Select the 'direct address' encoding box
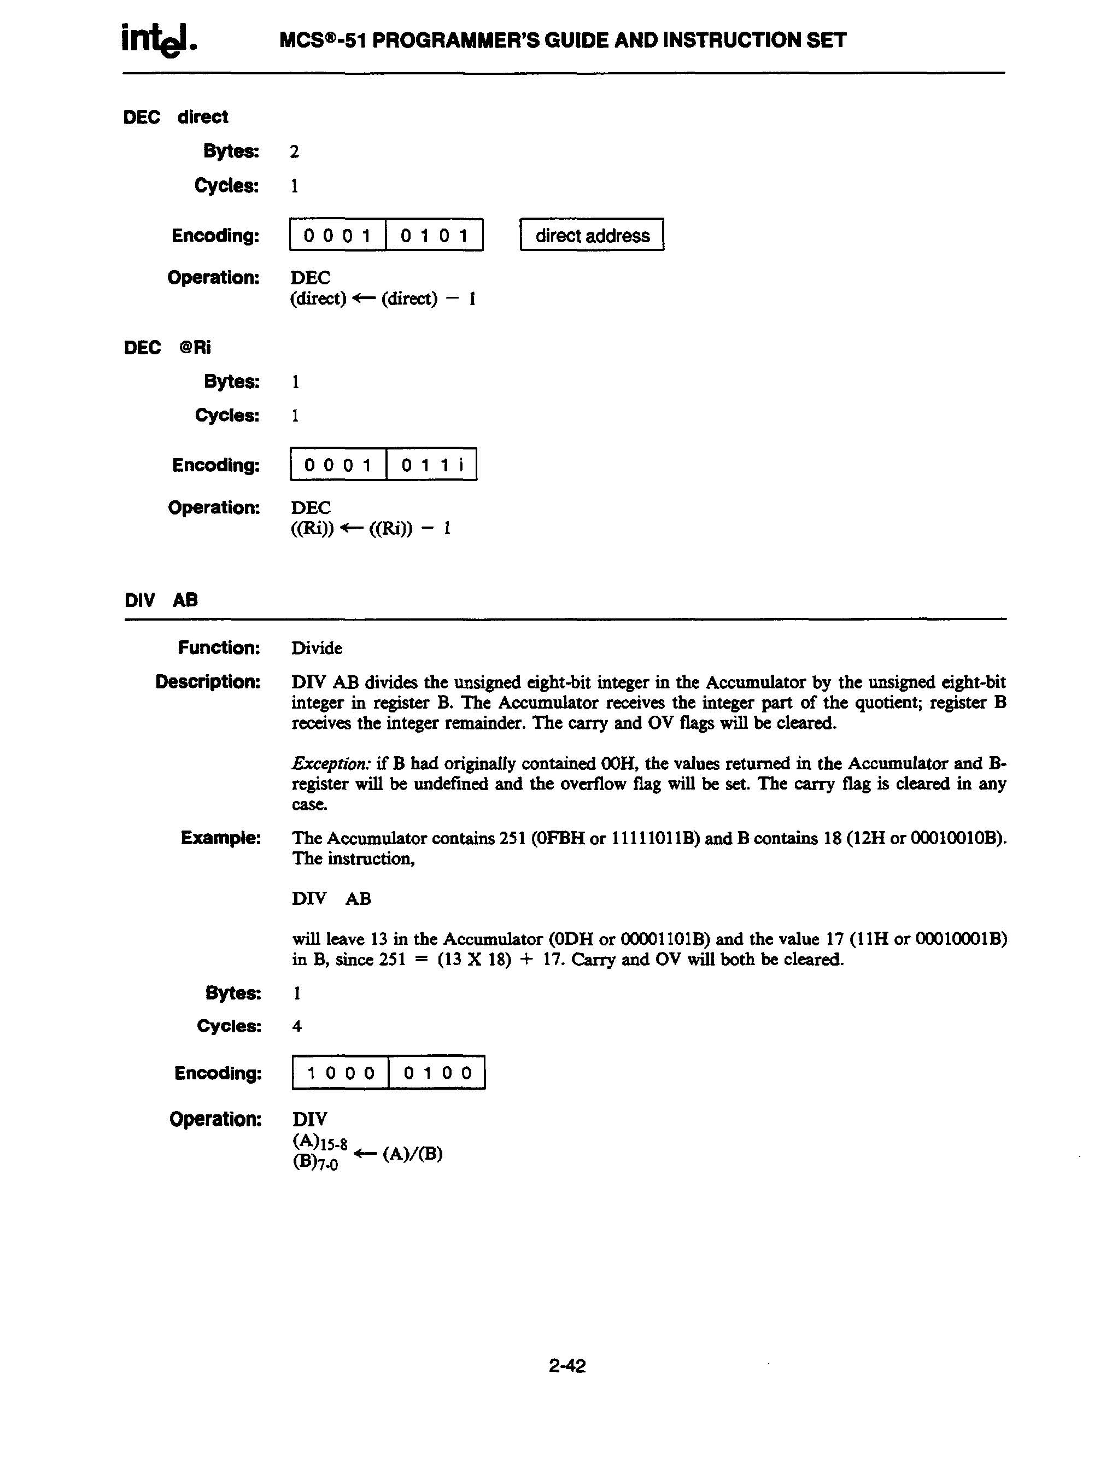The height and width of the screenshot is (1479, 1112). pyautogui.click(x=592, y=235)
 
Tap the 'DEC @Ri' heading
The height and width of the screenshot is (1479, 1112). pyautogui.click(x=168, y=348)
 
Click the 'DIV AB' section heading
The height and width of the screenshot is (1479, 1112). pyautogui.click(x=161, y=600)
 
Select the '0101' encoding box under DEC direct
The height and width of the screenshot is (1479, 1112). pyautogui.click(x=434, y=235)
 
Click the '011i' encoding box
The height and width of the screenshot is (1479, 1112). pyautogui.click(x=432, y=465)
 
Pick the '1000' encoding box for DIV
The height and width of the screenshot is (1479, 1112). pyautogui.click(x=341, y=1073)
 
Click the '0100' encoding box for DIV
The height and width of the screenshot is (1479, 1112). pyautogui.click(x=437, y=1073)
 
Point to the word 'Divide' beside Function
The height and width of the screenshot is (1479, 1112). pyautogui.click(x=317, y=648)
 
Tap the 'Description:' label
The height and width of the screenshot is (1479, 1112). pyautogui.click(x=207, y=682)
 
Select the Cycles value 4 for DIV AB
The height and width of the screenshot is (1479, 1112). pyautogui.click(x=297, y=1026)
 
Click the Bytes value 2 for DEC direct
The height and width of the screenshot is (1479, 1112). pyautogui.click(x=294, y=152)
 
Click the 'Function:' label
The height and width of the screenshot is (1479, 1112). pyautogui.click(x=219, y=647)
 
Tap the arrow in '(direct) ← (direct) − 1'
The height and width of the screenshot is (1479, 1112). pyautogui.click(x=364, y=299)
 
